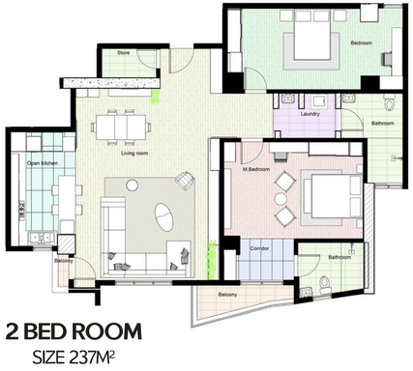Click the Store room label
(x=123, y=53)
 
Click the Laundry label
(x=310, y=114)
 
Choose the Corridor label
(x=259, y=248)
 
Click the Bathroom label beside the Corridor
(x=339, y=257)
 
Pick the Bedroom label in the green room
(x=361, y=43)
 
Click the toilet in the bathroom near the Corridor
(x=325, y=281)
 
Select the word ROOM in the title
(x=108, y=330)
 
